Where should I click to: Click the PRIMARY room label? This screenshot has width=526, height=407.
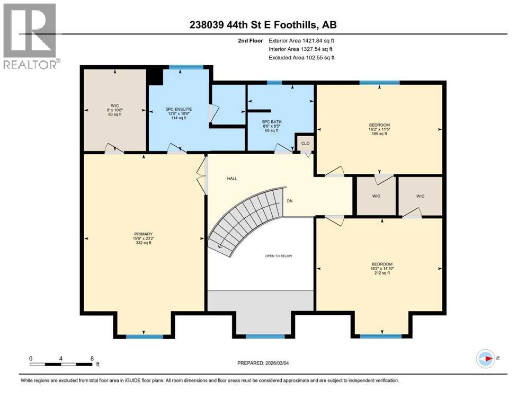(x=144, y=234)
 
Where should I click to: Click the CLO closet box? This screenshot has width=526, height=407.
(x=305, y=143)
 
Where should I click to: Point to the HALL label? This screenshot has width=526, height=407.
(x=232, y=179)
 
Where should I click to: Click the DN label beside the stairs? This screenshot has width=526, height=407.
(x=289, y=201)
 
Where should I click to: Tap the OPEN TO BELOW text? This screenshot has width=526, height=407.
(x=279, y=256)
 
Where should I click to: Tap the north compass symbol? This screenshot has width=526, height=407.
(x=485, y=358)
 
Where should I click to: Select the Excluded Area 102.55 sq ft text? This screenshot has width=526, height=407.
(x=301, y=57)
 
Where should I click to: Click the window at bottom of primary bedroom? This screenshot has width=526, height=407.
(x=145, y=337)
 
